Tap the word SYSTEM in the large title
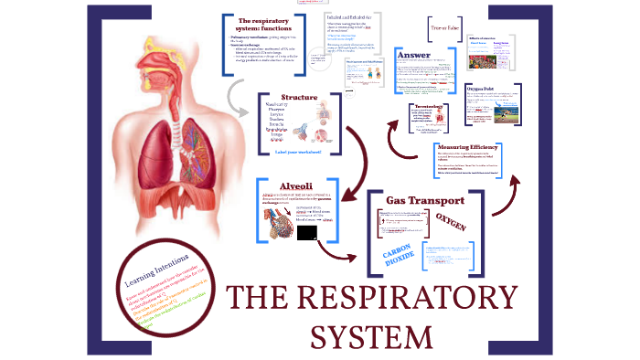(371, 335)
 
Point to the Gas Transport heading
(425, 200)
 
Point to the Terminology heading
(409, 106)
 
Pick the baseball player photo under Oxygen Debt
(485, 120)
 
